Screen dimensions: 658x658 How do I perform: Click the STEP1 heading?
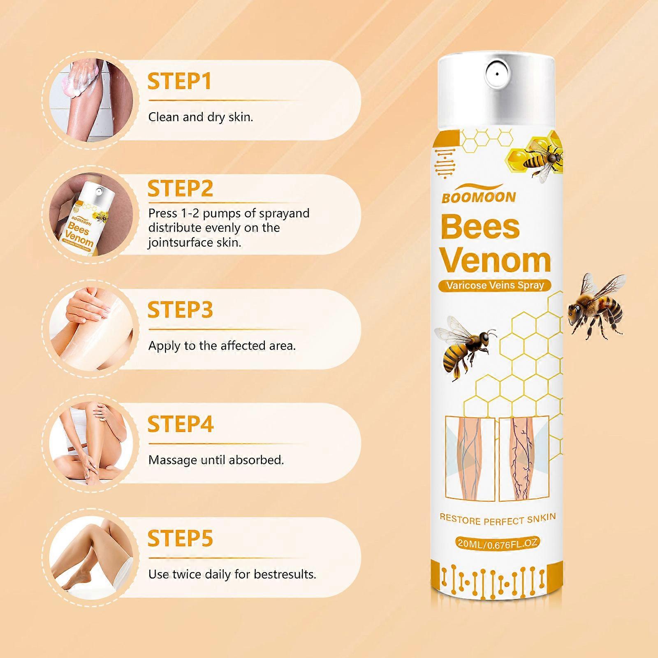[x=180, y=81]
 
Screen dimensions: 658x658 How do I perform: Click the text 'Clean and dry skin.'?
[x=201, y=117]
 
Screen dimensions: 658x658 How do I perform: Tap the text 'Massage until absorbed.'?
[x=216, y=460]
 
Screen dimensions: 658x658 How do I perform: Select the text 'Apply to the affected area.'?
[x=222, y=346]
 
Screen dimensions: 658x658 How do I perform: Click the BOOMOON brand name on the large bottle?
[x=479, y=198]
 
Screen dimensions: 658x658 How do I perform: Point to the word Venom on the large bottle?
[x=496, y=260]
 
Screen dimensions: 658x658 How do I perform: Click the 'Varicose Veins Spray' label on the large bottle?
[x=495, y=285]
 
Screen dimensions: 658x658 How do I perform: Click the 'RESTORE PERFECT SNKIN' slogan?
[x=498, y=519]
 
